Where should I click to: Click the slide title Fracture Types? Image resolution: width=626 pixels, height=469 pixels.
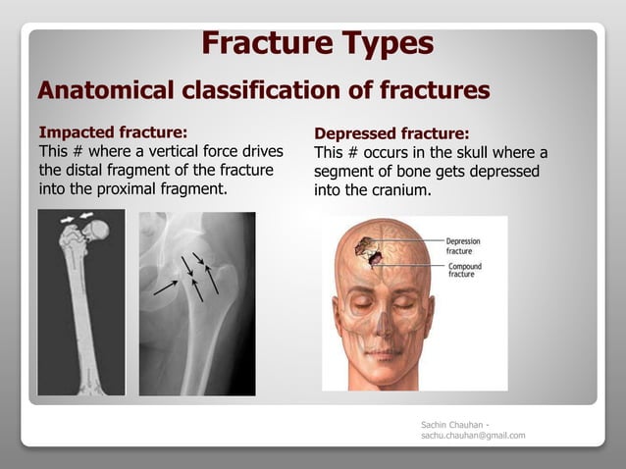tap(316, 44)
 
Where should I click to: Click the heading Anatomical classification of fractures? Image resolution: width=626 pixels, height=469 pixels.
tap(263, 91)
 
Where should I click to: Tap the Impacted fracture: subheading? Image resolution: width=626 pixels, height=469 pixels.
tap(112, 131)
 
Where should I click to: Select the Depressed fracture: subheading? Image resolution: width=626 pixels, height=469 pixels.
tap(391, 133)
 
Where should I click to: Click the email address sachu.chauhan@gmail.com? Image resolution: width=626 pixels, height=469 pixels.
tap(472, 435)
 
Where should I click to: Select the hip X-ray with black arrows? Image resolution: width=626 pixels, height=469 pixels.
tap(196, 303)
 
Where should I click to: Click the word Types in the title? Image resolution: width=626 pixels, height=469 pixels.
tap(384, 44)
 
